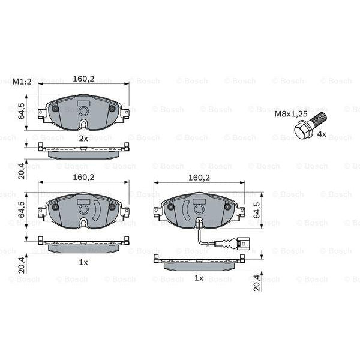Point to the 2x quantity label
tap(83, 138)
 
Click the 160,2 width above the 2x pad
tap(83, 79)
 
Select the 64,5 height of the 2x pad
tap(22, 112)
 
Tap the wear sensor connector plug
tap(243, 244)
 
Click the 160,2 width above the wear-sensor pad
tap(199, 178)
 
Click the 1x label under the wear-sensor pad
tap(199, 278)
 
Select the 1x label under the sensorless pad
tap(83, 263)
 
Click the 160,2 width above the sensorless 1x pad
tap(83, 177)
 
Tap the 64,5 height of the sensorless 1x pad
tap(22, 210)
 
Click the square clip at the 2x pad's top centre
tap(83, 110)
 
